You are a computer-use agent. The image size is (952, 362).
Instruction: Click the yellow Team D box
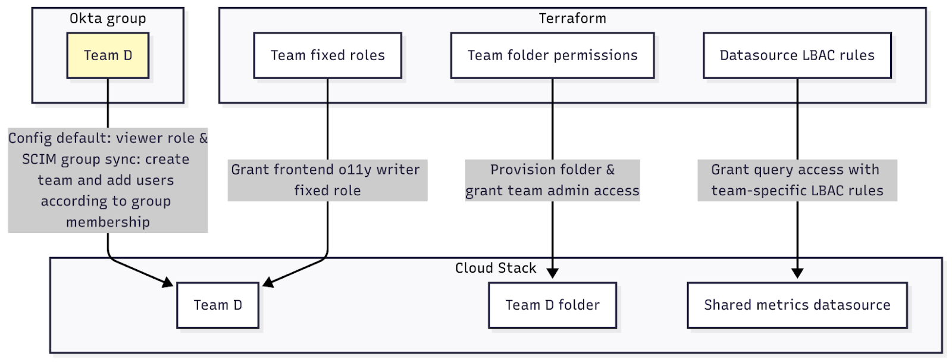(108, 55)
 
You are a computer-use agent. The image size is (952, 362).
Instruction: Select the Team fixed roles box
(327, 55)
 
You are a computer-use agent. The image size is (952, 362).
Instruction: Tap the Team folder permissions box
(552, 55)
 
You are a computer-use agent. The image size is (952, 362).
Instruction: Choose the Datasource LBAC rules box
(797, 55)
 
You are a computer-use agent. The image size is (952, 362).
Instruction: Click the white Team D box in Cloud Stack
(218, 305)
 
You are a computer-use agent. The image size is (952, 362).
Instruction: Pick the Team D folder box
(552, 305)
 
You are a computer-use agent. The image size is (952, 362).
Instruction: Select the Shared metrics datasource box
(797, 305)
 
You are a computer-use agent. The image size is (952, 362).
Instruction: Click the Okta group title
(108, 18)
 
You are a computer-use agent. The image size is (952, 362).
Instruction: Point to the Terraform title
(572, 18)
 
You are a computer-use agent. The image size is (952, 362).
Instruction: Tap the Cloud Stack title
(496, 268)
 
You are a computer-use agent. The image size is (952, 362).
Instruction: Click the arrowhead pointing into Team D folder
(552, 273)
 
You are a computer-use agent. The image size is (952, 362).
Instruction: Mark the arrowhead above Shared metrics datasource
(797, 273)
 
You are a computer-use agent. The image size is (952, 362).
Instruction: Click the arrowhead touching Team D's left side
(168, 282)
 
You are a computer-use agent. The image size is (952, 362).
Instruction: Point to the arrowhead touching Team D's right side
(268, 282)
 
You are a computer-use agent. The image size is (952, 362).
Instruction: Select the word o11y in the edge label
(355, 170)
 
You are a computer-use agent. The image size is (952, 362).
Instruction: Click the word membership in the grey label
(108, 222)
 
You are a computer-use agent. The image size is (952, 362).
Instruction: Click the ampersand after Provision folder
(610, 170)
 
